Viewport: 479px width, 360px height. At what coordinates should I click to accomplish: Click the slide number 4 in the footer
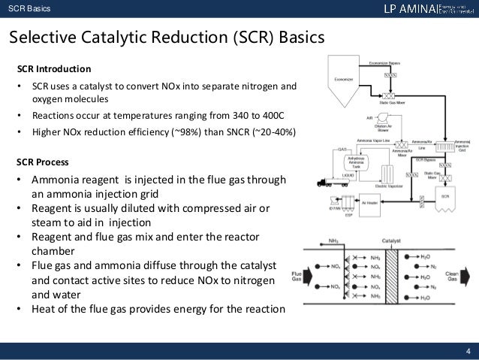pyautogui.click(x=467, y=349)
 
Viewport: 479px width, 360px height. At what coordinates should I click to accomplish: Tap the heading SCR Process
pyautogui.click(x=44, y=162)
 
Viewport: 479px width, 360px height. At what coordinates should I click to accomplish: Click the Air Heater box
pyautogui.click(x=371, y=202)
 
